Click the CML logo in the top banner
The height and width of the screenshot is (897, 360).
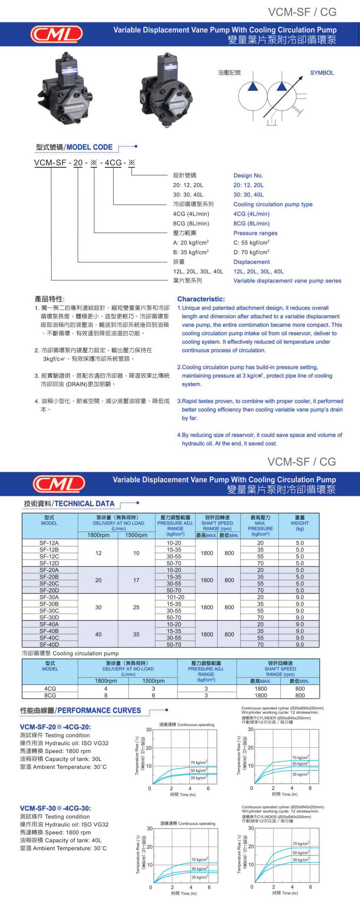56,34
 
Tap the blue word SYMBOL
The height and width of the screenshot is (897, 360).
322,73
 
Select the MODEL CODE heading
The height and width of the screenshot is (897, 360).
89,147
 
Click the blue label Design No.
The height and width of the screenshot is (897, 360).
248,175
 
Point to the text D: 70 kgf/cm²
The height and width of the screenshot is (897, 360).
251,252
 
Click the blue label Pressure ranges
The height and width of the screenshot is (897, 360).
255,233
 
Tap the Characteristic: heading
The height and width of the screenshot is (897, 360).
201,299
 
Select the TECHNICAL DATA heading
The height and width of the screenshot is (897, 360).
85,504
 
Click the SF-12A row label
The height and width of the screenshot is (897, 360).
49,543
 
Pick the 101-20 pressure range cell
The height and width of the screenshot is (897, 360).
175,597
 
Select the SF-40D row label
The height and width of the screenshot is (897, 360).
49,645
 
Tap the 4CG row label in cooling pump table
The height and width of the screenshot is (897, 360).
50,689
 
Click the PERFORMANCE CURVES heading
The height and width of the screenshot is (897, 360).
99,710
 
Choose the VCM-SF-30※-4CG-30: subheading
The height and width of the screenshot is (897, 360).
55,808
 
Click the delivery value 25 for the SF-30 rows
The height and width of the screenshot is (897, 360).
136,607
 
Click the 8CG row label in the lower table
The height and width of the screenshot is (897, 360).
50,695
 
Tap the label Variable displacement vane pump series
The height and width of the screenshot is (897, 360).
287,281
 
